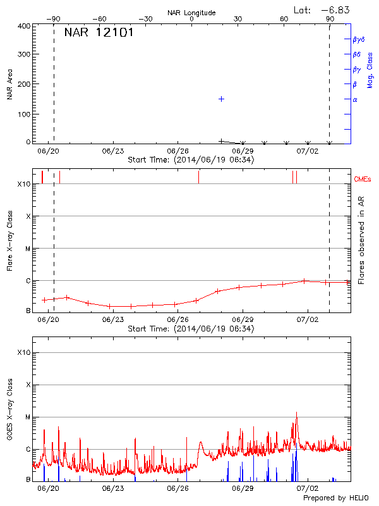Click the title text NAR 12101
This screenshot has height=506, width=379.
pyautogui.click(x=99, y=33)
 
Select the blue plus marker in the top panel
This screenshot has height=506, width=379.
pyautogui.click(x=222, y=99)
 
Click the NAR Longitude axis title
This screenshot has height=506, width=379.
pyautogui.click(x=191, y=13)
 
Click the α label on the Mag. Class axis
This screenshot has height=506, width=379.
pyautogui.click(x=355, y=99)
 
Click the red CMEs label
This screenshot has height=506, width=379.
pyautogui.click(x=364, y=180)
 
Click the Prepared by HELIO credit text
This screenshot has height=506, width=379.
pyautogui.click(x=337, y=498)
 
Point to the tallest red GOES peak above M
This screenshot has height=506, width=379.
pyautogui.click(x=296, y=413)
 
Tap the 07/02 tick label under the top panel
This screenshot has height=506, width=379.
pyautogui.click(x=308, y=151)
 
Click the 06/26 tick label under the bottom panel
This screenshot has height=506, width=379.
pyautogui.click(x=178, y=488)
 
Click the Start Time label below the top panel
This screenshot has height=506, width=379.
pyautogui.click(x=191, y=160)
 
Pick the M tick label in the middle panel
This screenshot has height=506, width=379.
pyautogui.click(x=27, y=249)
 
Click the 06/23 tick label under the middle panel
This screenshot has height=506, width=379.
pyautogui.click(x=112, y=320)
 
